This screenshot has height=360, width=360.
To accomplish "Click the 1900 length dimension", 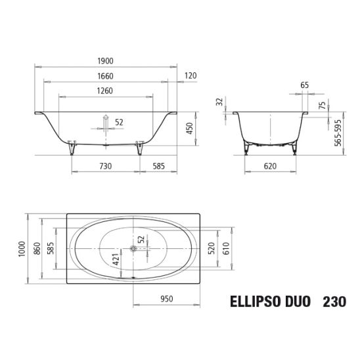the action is [x=105, y=61].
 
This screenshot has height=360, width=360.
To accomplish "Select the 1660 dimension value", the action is [x=105, y=76].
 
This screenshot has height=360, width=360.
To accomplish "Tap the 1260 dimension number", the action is [x=105, y=91].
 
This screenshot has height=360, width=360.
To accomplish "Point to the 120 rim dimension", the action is [x=191, y=76].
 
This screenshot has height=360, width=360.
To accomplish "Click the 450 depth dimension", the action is [x=190, y=128].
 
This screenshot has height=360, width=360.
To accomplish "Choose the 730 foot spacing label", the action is [x=106, y=166].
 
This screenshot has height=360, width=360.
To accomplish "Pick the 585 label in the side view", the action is [x=159, y=166].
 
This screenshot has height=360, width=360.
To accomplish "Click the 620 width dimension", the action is [x=270, y=166].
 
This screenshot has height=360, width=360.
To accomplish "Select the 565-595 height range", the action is [x=338, y=133].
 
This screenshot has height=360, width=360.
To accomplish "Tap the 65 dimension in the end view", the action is [x=304, y=85].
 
